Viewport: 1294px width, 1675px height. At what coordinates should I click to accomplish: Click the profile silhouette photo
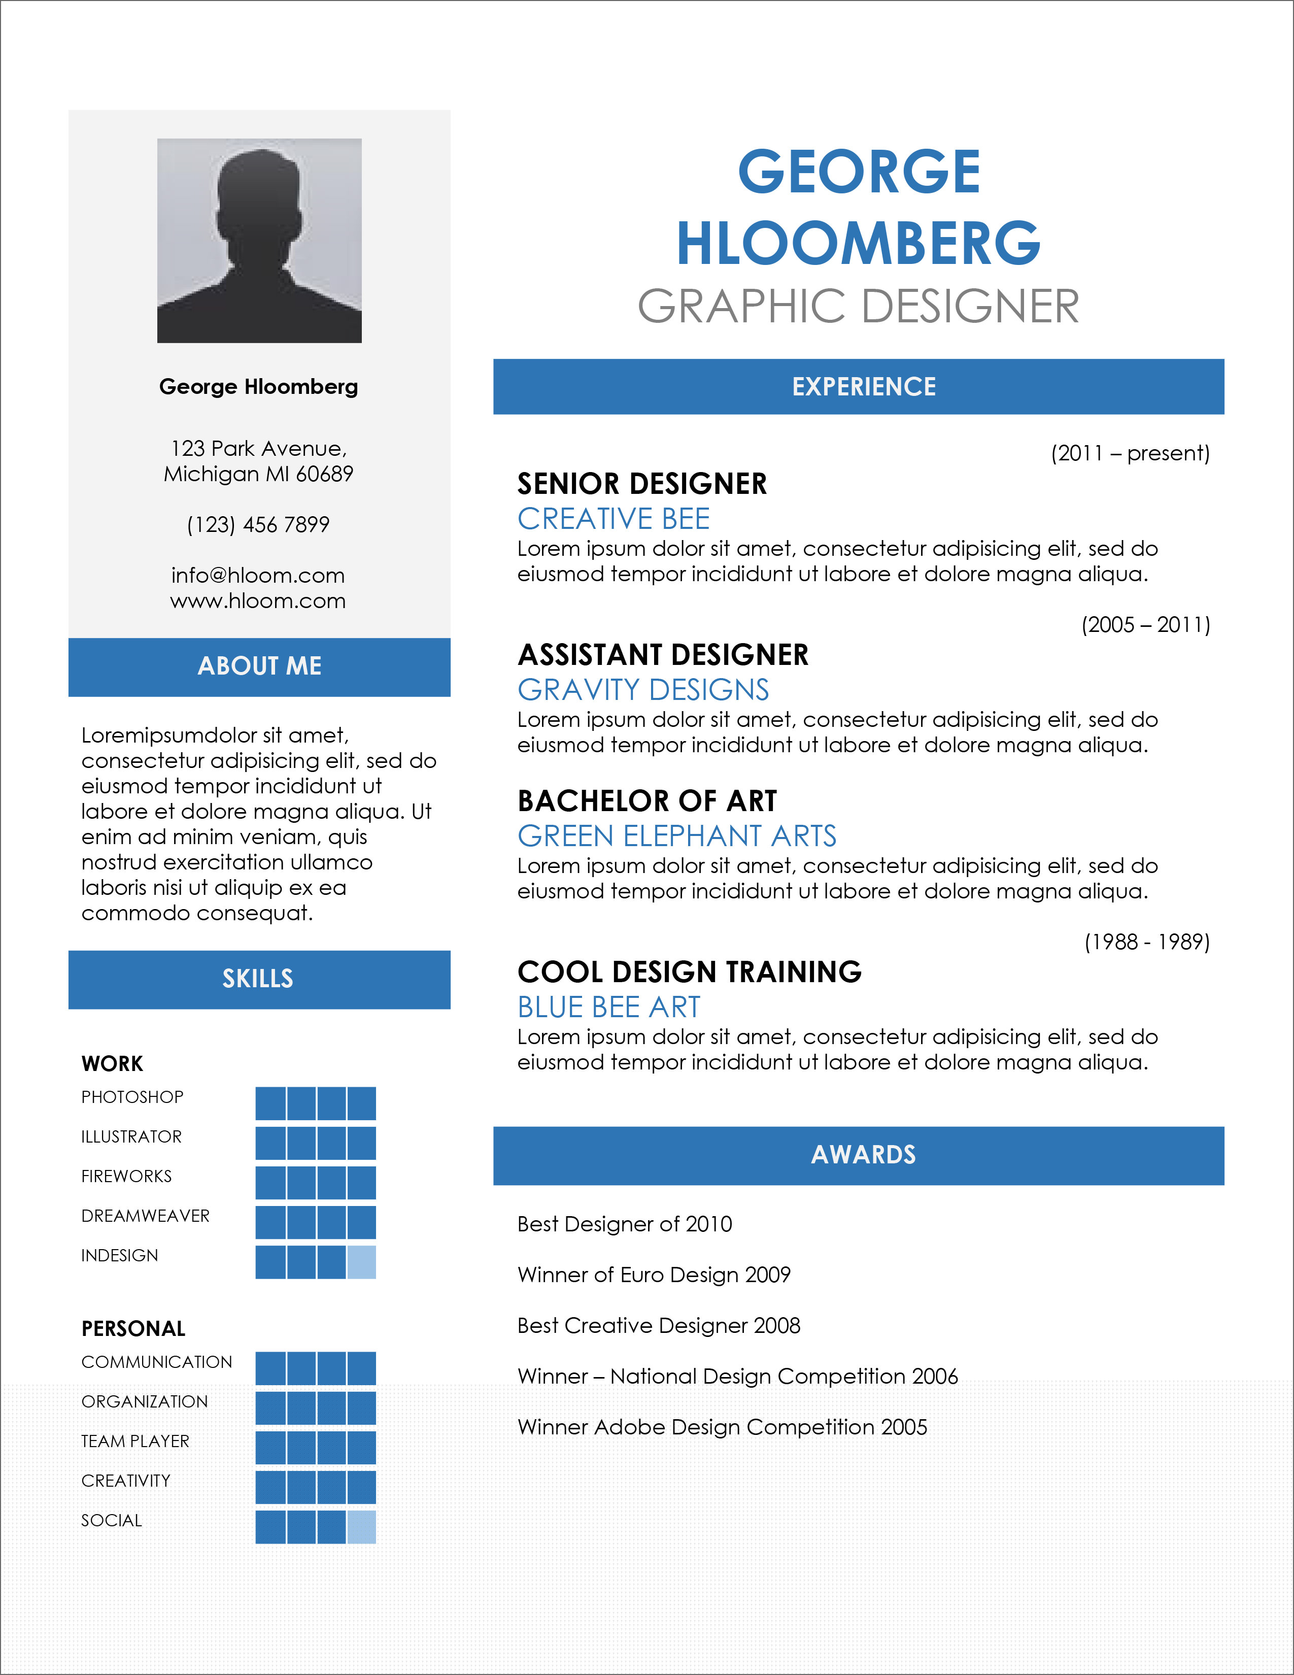coord(259,240)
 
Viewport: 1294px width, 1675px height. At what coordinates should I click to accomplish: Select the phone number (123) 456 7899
coord(258,525)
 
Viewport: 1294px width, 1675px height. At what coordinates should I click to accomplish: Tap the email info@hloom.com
coord(258,575)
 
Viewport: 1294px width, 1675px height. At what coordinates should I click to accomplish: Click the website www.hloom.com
coord(258,600)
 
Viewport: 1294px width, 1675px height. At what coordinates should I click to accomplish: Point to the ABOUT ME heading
coord(259,666)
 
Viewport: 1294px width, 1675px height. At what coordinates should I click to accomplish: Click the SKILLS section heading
coord(258,979)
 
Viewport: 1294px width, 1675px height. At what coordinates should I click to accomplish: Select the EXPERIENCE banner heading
coord(864,387)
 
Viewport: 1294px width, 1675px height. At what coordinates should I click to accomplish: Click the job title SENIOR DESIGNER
coord(641,484)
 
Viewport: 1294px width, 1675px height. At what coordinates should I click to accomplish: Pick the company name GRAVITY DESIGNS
coord(643,689)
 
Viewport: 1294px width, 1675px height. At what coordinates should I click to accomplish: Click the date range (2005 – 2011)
coord(1145,625)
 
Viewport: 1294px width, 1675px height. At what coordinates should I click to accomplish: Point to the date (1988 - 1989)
coord(1147,942)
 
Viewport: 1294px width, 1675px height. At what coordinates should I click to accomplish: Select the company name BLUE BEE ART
coord(608,1007)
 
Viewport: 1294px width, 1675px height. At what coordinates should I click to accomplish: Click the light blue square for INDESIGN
coord(362,1262)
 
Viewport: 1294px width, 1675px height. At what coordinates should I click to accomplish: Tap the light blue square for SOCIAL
coord(362,1526)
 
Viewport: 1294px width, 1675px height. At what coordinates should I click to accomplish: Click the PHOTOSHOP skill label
coord(132,1097)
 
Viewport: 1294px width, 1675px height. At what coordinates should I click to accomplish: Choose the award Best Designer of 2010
coord(625,1224)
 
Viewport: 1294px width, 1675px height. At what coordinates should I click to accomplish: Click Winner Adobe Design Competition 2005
coord(722,1427)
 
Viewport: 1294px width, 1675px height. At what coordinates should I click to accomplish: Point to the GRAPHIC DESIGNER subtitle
coord(859,306)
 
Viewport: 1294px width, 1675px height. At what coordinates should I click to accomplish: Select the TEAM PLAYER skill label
coord(135,1441)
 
